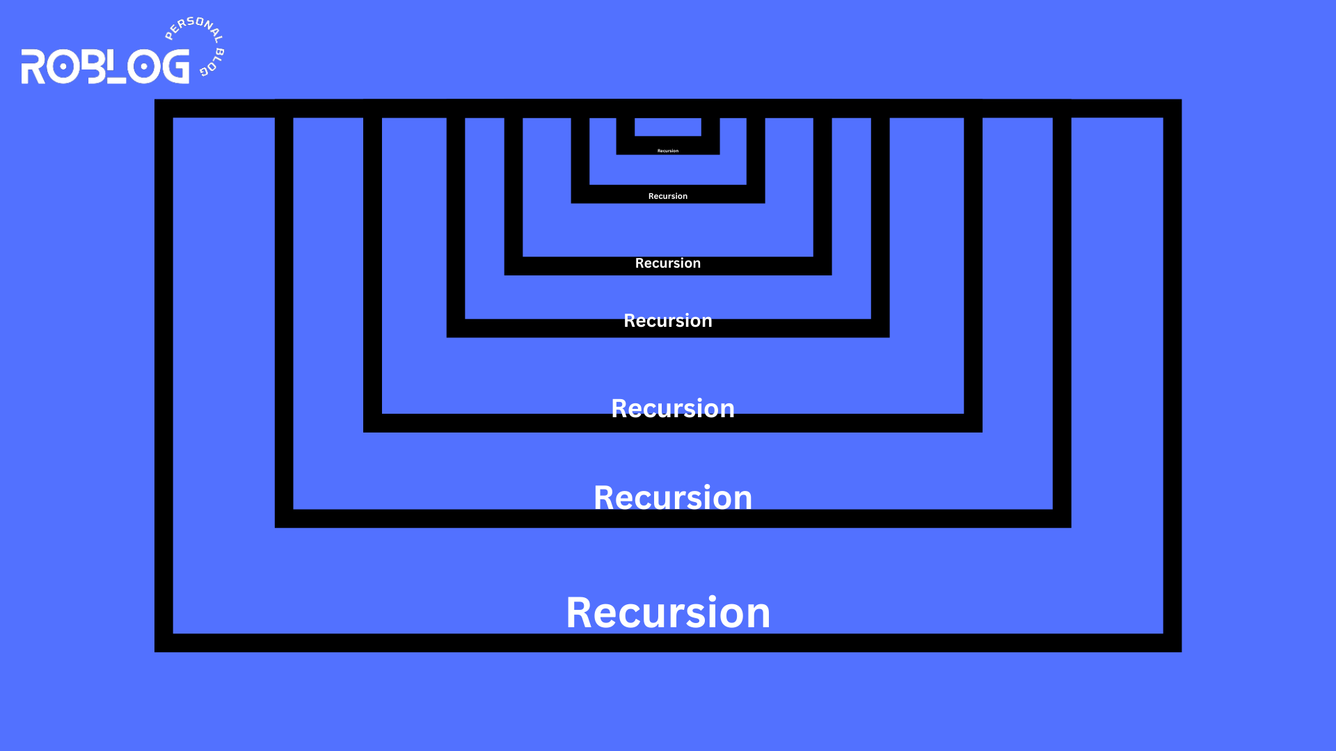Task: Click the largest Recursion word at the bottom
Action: (668, 613)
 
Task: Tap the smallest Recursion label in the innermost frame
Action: (668, 150)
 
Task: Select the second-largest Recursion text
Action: (673, 498)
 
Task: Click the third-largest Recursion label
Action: (673, 408)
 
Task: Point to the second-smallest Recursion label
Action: (668, 196)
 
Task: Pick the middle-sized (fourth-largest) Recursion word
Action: (668, 321)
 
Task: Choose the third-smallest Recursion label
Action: (668, 263)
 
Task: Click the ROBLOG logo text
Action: (105, 67)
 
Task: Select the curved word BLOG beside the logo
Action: (213, 63)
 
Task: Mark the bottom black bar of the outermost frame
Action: (668, 643)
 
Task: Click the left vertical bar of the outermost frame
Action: (164, 375)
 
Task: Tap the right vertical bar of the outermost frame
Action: (1172, 375)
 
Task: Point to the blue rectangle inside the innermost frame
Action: (668, 127)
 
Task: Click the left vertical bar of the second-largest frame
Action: (284, 313)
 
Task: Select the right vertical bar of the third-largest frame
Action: (973, 271)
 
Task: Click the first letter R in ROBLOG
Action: (33, 67)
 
